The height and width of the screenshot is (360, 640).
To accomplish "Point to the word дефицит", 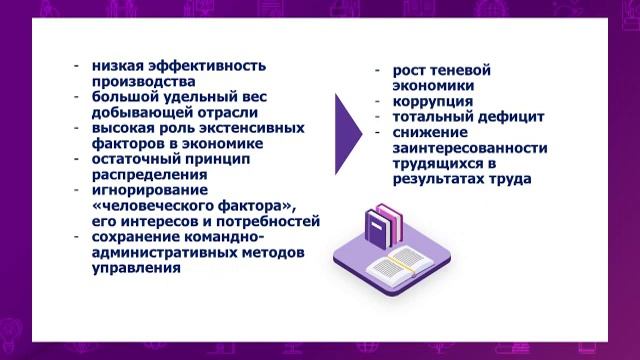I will [509, 116].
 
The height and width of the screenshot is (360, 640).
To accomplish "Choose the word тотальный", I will [432, 116].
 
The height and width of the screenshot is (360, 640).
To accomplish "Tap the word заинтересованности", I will [469, 148].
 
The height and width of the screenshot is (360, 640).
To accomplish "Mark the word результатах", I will [440, 179].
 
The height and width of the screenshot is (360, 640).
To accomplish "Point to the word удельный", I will [193, 98].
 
